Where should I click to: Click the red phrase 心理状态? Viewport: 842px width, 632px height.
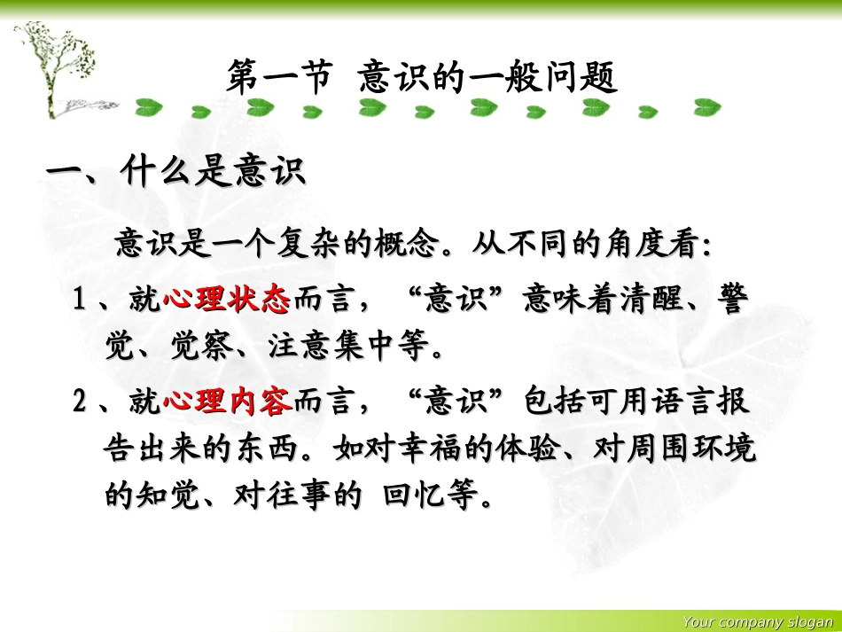(x=226, y=301)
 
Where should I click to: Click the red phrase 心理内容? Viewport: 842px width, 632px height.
(x=226, y=403)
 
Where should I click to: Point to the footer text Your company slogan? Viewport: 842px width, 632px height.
(x=757, y=622)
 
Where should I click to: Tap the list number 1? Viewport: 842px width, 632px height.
(x=80, y=301)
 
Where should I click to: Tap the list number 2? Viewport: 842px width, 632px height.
(x=80, y=403)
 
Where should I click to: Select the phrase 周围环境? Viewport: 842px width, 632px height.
(x=692, y=450)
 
